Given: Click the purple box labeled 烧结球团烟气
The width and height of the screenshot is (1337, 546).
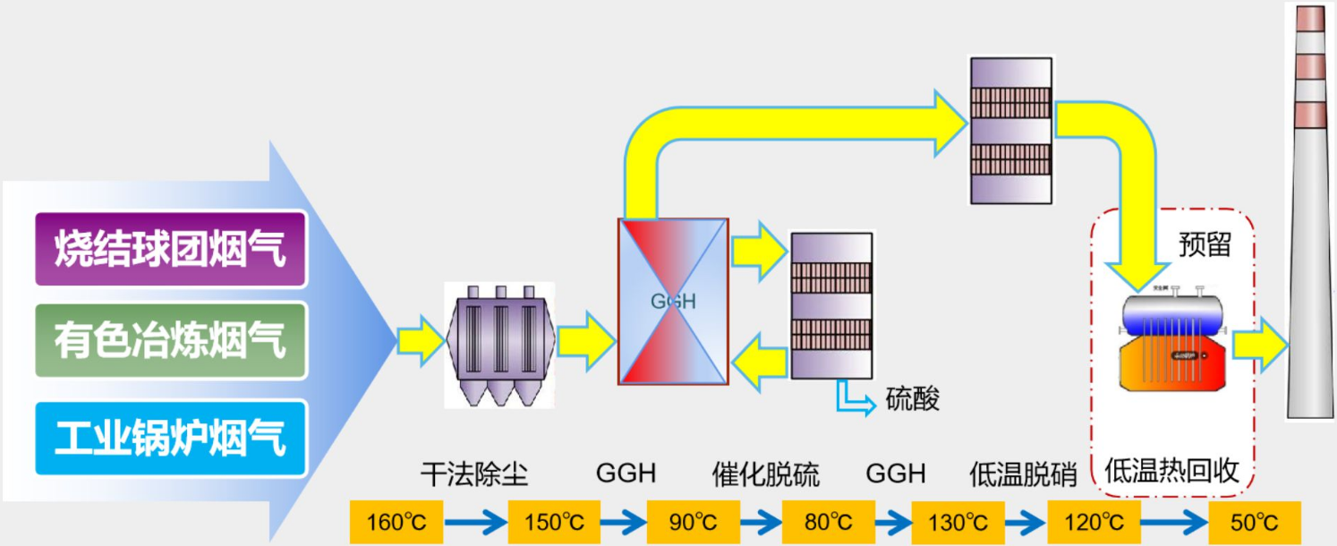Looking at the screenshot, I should click(170, 249).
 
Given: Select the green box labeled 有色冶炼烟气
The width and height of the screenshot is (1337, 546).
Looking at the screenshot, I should click(170, 341).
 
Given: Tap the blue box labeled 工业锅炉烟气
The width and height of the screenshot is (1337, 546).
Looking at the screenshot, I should click(170, 438).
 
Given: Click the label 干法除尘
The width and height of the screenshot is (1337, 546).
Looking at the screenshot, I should click(474, 473).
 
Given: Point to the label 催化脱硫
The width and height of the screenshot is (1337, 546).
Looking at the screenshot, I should click(766, 473).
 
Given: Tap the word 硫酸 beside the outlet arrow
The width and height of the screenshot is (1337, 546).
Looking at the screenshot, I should click(913, 399).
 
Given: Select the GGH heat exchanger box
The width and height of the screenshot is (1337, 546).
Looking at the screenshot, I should click(673, 302).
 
